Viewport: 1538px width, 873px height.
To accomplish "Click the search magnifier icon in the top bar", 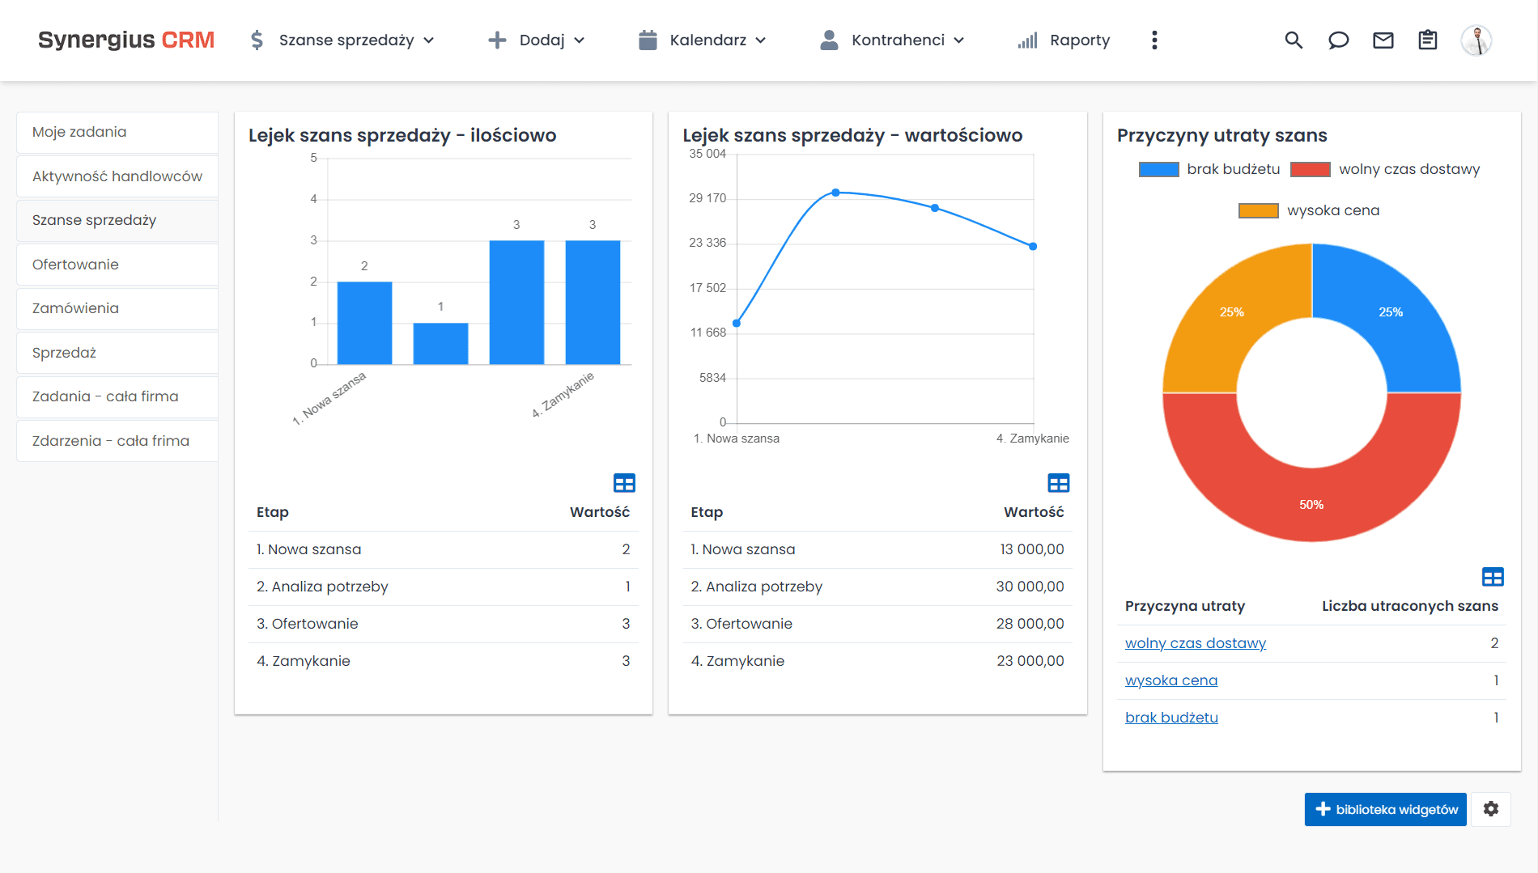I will pyautogui.click(x=1294, y=40).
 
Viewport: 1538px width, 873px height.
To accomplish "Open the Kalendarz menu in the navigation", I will pyautogui.click(x=702, y=40).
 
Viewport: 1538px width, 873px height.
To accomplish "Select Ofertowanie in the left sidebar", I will pyautogui.click(x=75, y=265).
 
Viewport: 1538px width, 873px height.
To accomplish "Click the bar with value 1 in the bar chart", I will pyautogui.click(x=440, y=343).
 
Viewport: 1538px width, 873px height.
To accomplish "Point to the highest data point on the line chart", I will pyautogui.click(x=835, y=193).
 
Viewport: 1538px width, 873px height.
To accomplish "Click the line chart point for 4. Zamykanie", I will pyautogui.click(x=1033, y=246).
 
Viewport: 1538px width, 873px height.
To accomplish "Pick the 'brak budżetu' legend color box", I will pyautogui.click(x=1158, y=169).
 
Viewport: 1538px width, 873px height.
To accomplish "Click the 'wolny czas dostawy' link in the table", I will pyautogui.click(x=1195, y=643).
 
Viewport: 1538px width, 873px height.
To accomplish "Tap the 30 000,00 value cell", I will pyautogui.click(x=1030, y=587).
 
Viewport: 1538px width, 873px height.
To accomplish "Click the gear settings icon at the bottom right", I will pyautogui.click(x=1491, y=809).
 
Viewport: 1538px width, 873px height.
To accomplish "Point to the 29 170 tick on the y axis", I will pyautogui.click(x=707, y=198).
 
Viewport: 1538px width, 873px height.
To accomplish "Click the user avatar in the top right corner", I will pyautogui.click(x=1476, y=40).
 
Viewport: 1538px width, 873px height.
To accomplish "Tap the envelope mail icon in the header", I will pyautogui.click(x=1383, y=40).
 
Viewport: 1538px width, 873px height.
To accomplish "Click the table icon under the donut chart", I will pyautogui.click(x=1493, y=577).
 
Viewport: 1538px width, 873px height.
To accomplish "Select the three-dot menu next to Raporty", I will pyautogui.click(x=1154, y=40).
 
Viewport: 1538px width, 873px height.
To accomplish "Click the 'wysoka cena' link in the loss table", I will pyautogui.click(x=1170, y=680).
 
